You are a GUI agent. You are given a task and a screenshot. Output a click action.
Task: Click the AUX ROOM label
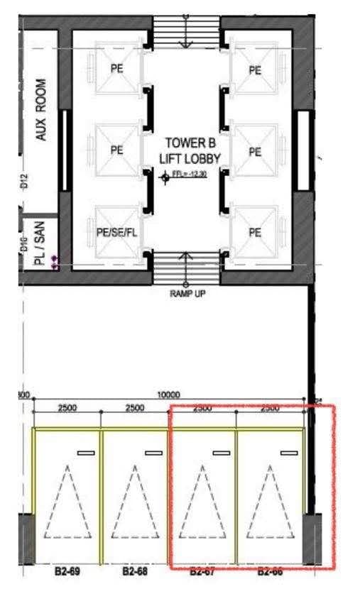pyautogui.click(x=41, y=109)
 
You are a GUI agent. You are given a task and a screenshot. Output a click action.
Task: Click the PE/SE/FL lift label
pyautogui.click(x=116, y=231)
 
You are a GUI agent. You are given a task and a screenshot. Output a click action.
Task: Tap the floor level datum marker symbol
pyautogui.click(x=165, y=177)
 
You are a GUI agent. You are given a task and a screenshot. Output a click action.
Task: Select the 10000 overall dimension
pyautogui.click(x=168, y=395)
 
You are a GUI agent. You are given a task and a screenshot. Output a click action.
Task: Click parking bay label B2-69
pyautogui.click(x=66, y=571)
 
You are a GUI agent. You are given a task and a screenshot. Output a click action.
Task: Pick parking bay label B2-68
pyautogui.click(x=134, y=571)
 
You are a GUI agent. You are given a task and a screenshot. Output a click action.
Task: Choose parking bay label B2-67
pyautogui.click(x=202, y=571)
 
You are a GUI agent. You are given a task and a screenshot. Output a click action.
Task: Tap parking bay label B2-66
pyautogui.click(x=270, y=571)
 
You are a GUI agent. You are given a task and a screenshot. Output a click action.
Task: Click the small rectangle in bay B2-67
pyautogui.click(x=221, y=452)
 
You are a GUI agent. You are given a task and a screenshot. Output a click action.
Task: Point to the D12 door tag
pyautogui.click(x=23, y=182)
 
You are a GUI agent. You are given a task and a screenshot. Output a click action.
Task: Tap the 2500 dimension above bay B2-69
pyautogui.click(x=67, y=407)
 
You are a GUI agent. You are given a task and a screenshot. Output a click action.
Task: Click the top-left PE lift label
pyautogui.click(x=117, y=70)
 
